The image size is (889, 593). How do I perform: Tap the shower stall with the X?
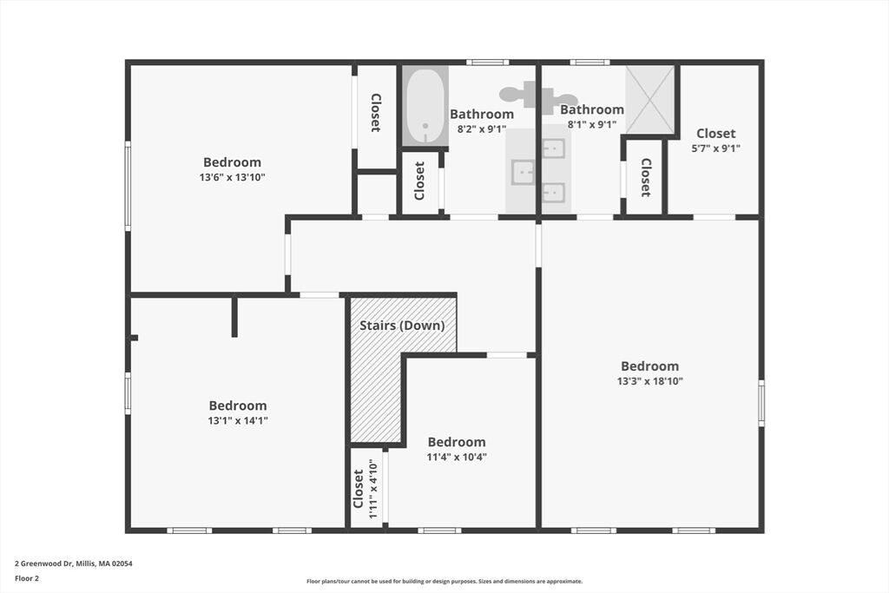[x=649, y=100]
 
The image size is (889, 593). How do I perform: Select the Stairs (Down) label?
[x=402, y=326]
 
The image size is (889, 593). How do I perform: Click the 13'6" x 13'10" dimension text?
[x=233, y=177]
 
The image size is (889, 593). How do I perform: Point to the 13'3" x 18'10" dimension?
[x=649, y=381]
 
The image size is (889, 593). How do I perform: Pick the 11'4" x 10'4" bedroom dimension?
[x=457, y=457]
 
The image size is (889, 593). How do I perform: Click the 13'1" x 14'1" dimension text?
[x=238, y=420]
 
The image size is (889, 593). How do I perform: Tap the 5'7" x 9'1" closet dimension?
[x=715, y=148]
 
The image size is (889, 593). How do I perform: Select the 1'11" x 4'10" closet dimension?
[x=373, y=489]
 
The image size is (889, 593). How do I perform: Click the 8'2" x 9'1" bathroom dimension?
[x=481, y=128]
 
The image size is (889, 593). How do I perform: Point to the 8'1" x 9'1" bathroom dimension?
[x=592, y=124]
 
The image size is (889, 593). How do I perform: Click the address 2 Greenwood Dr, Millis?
[x=74, y=563]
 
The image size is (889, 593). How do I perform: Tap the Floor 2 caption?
[x=27, y=579]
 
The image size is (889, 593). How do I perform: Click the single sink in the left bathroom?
[x=523, y=173]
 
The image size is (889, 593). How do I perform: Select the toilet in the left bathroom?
[x=518, y=94]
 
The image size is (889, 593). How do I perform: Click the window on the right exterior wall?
[x=761, y=403]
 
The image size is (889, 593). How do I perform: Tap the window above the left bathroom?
[x=487, y=63]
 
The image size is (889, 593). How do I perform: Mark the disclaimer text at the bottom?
[x=444, y=581]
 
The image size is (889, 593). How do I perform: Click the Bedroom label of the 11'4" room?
[x=457, y=442]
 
